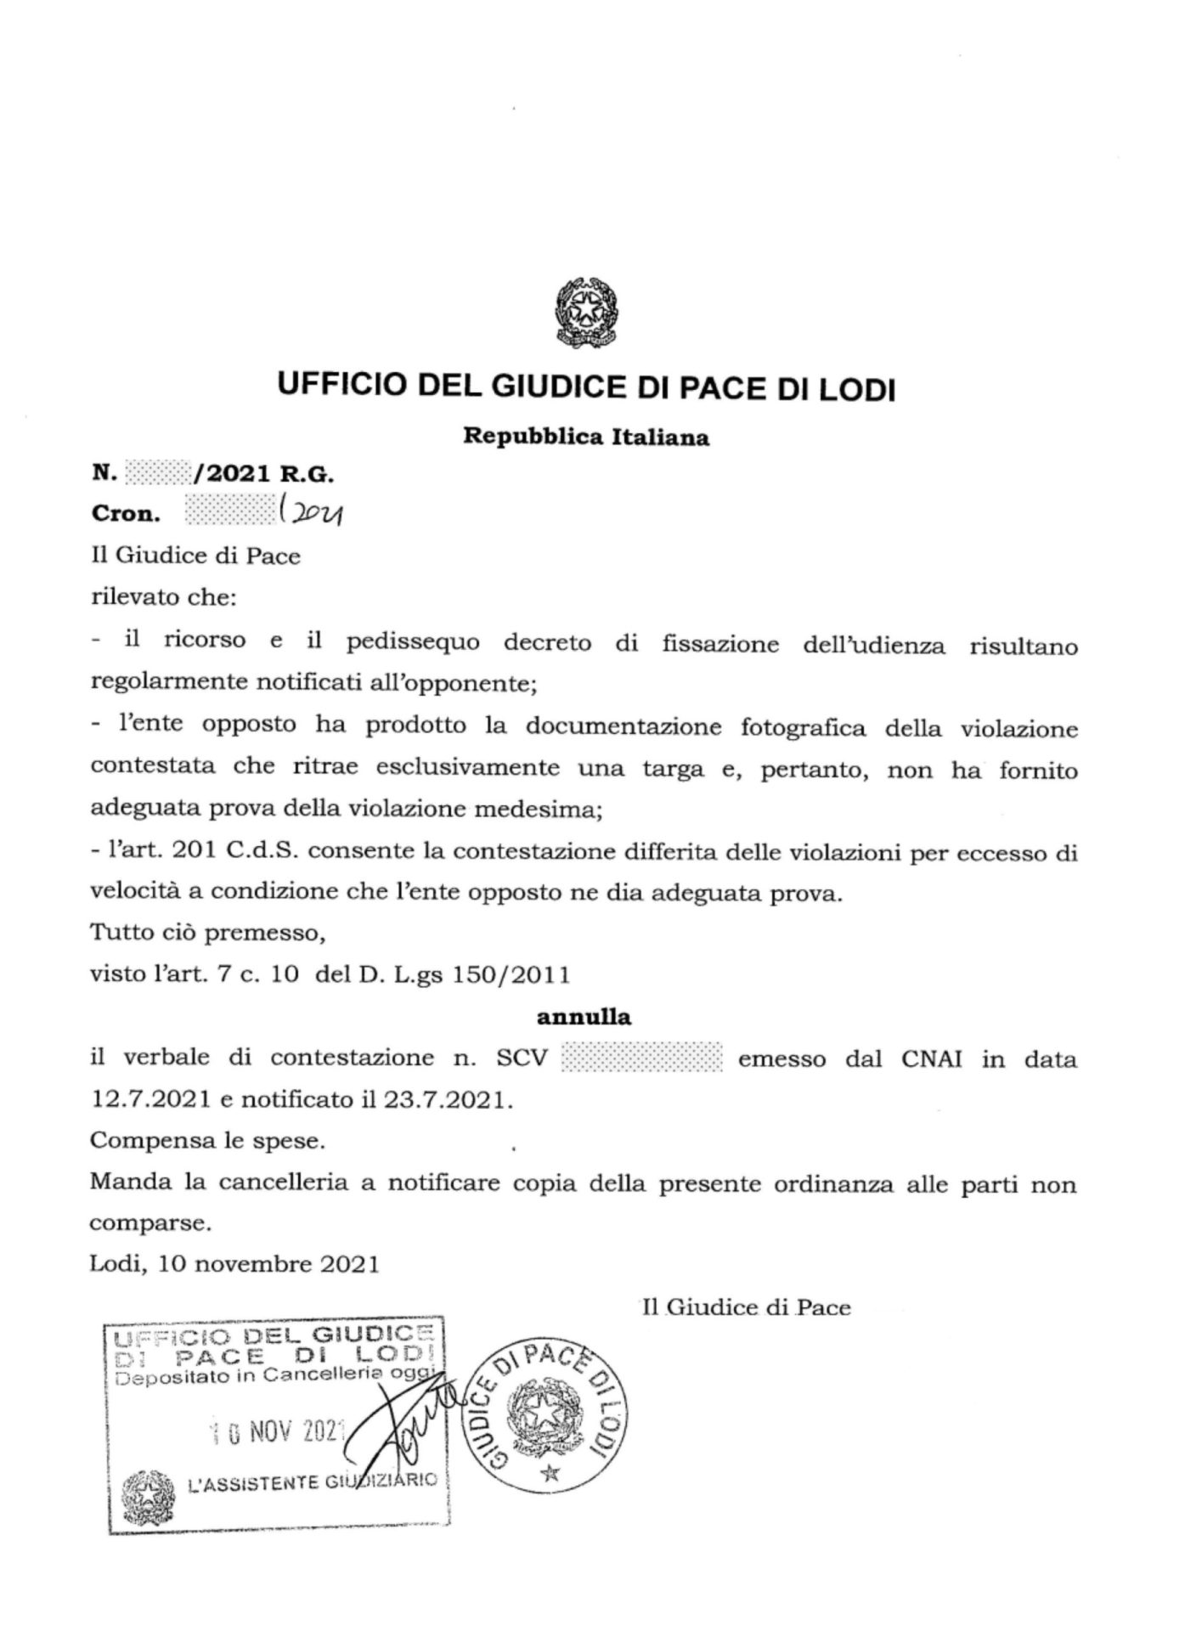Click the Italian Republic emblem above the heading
(585, 310)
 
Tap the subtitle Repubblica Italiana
(586, 438)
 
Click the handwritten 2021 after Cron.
(311, 512)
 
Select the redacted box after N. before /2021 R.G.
(158, 471)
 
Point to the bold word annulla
(584, 1017)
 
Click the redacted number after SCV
(642, 1059)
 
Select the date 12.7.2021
(150, 1100)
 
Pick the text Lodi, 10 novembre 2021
(234, 1265)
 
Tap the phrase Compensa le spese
(207, 1141)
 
